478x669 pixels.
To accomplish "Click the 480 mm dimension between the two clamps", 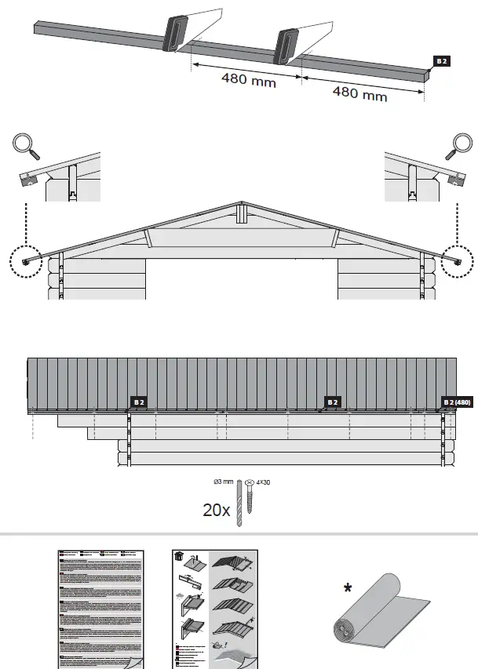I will [247, 80].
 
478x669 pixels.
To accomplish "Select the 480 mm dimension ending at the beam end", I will [360, 93].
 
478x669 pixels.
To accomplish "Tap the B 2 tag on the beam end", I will [443, 60].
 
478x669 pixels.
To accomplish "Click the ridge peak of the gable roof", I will [243, 202].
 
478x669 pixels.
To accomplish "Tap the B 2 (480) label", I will [456, 402].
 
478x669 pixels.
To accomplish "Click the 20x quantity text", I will [216, 510].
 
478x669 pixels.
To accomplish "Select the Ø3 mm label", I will [224, 482].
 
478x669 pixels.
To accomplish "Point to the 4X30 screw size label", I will [262, 482].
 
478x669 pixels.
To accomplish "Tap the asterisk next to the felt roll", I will [348, 588].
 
